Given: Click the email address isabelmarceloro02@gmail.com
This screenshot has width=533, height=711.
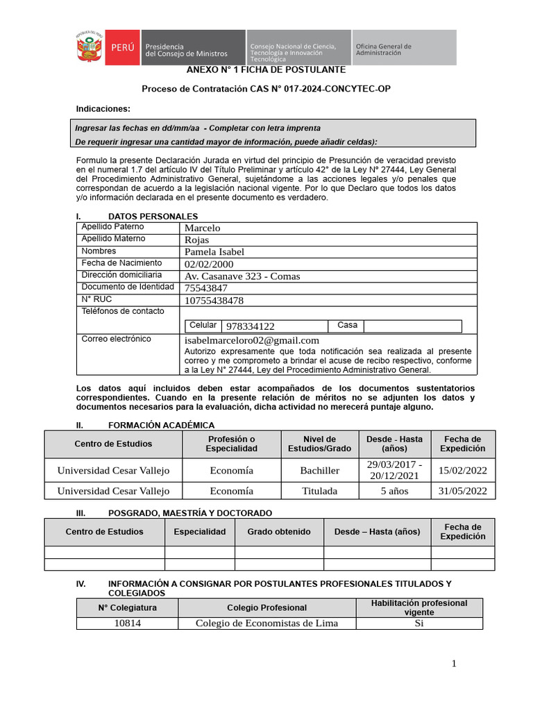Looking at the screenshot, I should (x=252, y=340).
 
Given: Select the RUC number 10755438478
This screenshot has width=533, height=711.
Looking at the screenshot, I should (x=214, y=301).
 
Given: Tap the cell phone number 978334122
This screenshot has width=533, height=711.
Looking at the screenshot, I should (x=250, y=326).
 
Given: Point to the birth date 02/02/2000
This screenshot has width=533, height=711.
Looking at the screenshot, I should (x=209, y=265).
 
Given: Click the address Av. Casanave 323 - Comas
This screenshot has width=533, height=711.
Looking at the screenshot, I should (x=242, y=276).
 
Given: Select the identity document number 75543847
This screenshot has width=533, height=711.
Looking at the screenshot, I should (x=206, y=288).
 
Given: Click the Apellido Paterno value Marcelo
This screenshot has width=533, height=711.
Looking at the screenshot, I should (x=202, y=228).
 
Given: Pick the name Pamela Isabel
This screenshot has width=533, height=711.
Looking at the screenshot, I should (x=214, y=252).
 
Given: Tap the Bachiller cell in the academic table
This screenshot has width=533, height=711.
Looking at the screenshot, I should (x=319, y=471).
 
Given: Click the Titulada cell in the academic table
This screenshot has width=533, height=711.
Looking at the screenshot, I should (x=319, y=491).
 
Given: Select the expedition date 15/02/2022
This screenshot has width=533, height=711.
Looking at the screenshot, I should (x=463, y=471).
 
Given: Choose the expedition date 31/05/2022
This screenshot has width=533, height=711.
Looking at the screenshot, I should (x=463, y=491).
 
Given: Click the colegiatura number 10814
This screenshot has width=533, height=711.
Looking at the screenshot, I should (x=127, y=623).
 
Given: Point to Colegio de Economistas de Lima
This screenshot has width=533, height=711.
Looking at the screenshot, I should (x=266, y=623).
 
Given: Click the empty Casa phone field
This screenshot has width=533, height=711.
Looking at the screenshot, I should (x=412, y=326).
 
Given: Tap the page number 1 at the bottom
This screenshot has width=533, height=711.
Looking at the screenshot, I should (x=454, y=664).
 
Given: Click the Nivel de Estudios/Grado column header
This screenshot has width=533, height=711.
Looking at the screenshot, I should (x=319, y=444).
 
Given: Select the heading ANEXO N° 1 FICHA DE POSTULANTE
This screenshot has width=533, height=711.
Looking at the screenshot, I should (x=266, y=70).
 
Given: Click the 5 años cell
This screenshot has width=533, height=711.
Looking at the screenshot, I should (x=395, y=491).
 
